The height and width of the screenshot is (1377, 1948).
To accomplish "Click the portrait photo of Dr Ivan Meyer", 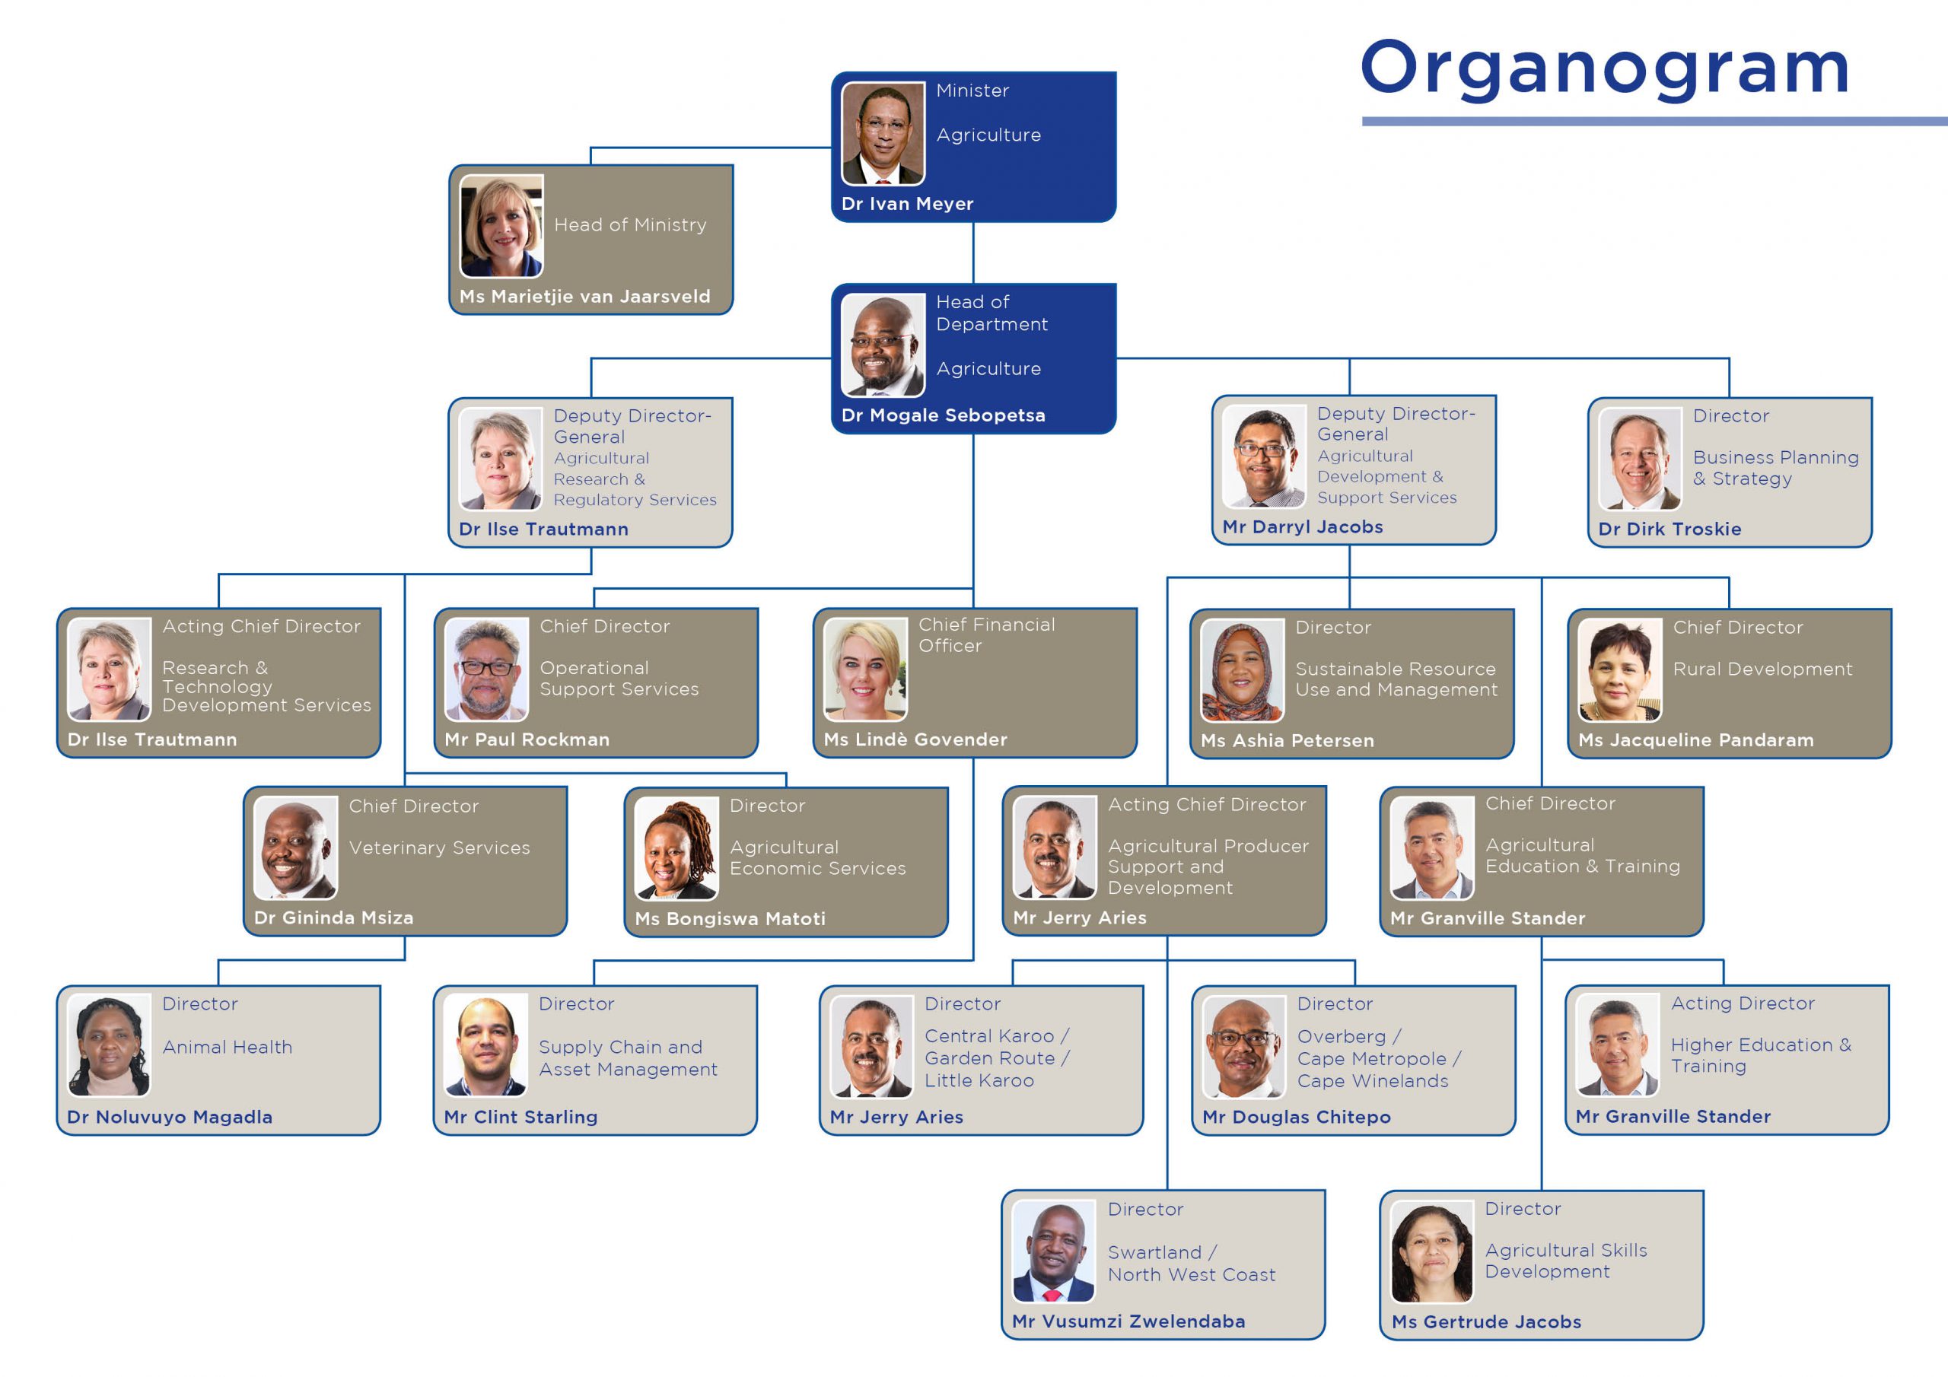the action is [x=883, y=133].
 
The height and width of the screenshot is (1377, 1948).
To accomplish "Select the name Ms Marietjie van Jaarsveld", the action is [x=584, y=296].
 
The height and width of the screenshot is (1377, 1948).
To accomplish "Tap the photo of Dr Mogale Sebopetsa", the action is [x=883, y=345].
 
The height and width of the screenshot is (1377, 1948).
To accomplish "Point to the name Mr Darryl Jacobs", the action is [x=1302, y=527].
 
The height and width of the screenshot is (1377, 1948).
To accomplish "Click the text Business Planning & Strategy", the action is [x=1776, y=467].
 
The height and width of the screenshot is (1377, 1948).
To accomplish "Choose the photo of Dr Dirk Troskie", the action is [x=1639, y=459].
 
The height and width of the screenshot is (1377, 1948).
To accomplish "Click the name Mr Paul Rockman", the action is [x=527, y=739].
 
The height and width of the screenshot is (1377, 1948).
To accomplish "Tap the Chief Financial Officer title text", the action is [x=987, y=634].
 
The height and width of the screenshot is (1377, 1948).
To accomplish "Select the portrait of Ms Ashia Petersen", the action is [x=1242, y=670].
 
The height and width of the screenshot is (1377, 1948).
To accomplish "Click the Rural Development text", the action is [x=1762, y=669].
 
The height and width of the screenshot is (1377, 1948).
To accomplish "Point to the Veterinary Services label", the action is [x=440, y=848].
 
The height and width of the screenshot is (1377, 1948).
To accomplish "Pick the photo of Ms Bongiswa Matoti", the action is [x=676, y=848].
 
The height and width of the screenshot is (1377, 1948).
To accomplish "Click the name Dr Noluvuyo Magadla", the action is [x=170, y=1117].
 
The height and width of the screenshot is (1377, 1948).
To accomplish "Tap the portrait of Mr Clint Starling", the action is [x=485, y=1046].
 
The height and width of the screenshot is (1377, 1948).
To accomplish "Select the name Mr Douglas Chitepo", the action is [x=1297, y=1117].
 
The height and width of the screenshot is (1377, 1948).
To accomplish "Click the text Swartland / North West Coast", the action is [x=1191, y=1264].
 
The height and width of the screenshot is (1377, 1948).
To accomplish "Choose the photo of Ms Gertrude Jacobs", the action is [x=1432, y=1251].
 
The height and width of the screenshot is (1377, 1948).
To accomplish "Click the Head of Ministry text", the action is [x=630, y=225].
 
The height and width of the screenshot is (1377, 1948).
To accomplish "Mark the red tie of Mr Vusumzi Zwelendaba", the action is [x=1053, y=1296].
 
